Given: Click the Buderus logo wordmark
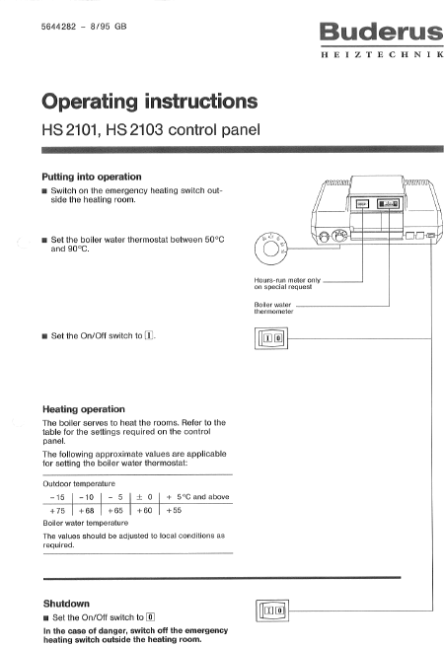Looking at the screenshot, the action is [x=381, y=32].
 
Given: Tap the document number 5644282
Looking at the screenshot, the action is [x=58, y=27].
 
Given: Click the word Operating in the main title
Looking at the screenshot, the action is [x=91, y=102].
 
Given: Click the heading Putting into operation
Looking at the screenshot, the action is [x=92, y=177].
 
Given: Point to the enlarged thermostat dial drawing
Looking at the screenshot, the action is [x=270, y=249].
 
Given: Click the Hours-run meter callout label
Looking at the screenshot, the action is [x=287, y=283].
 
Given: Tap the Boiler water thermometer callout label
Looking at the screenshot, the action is [x=273, y=308].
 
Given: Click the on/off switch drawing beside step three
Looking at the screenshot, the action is [x=271, y=338].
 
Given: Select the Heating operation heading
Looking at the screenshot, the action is [x=84, y=409].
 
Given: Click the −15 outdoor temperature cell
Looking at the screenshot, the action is [x=57, y=497].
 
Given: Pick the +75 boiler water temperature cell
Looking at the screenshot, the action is [x=57, y=511].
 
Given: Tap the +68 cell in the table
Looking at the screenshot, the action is [x=87, y=511].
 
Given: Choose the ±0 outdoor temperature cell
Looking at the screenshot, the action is [x=144, y=497].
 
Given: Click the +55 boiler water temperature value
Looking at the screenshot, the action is [x=174, y=511].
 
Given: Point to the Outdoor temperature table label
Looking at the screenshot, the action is [x=79, y=483].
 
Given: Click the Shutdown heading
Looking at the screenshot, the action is [x=66, y=604].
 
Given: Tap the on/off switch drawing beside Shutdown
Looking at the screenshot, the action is [x=272, y=610].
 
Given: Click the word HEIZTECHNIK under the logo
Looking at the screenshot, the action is [x=382, y=54].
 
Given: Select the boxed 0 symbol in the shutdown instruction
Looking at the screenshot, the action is [x=151, y=617].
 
